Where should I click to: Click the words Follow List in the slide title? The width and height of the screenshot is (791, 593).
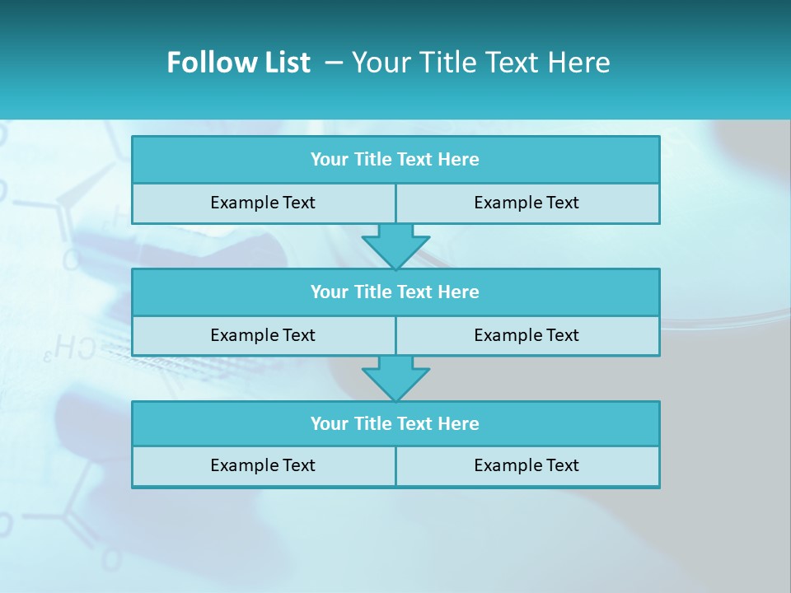[238, 63]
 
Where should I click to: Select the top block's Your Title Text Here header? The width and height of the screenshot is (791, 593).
[395, 160]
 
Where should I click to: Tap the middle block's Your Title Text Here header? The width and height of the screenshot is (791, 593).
[395, 292]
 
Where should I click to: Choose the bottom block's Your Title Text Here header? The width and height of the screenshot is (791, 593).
[395, 423]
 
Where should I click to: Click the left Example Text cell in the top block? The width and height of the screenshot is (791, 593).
[263, 203]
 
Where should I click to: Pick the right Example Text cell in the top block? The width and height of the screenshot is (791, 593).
[527, 203]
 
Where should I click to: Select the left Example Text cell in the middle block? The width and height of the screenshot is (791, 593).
[263, 335]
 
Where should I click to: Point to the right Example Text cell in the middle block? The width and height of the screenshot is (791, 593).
[527, 335]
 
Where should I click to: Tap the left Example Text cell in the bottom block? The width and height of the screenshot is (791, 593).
[263, 465]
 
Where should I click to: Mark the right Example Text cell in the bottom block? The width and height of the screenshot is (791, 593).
[527, 465]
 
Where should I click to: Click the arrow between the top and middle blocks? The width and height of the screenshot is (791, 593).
[395, 245]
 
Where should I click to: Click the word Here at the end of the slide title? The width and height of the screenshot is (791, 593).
[579, 63]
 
